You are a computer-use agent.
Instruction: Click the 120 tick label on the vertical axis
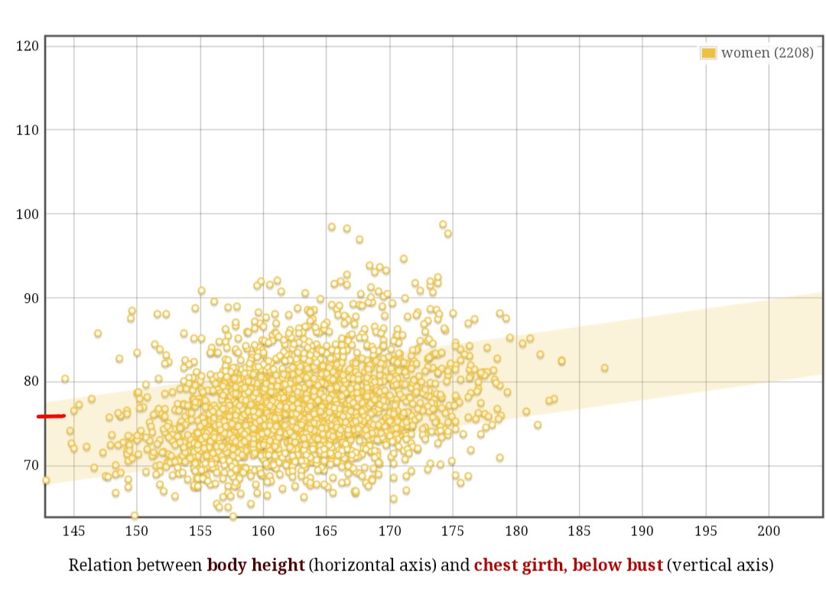(27, 46)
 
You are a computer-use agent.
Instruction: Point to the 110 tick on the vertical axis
(27, 130)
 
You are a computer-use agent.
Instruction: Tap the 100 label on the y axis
(27, 213)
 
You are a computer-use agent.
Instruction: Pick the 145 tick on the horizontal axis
(73, 531)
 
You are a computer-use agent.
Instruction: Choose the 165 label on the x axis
(326, 531)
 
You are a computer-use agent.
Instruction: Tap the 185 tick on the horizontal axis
(579, 531)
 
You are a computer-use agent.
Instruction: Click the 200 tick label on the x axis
(768, 531)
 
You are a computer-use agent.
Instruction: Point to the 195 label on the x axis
(705, 531)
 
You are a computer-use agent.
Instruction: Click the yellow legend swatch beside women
(708, 53)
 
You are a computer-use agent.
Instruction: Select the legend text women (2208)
(767, 53)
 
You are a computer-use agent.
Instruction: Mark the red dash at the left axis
(51, 416)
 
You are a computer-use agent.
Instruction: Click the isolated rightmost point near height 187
(604, 368)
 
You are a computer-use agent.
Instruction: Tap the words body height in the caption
(255, 565)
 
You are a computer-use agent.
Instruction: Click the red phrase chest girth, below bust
(568, 565)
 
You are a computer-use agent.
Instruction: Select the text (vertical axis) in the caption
(720, 565)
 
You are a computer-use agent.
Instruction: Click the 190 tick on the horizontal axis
(642, 531)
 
